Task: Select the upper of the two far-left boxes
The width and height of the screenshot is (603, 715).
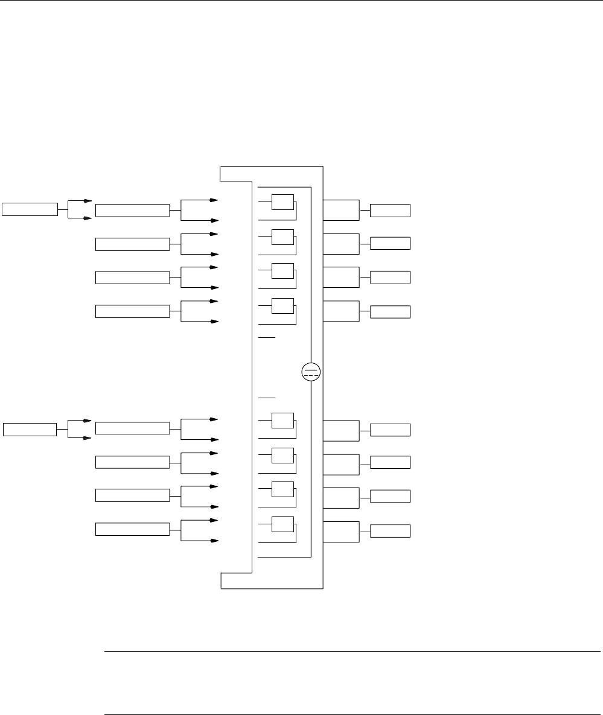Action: [x=30, y=209]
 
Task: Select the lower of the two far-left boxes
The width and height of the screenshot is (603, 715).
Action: [x=30, y=429]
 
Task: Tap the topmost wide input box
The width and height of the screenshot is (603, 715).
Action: [x=132, y=210]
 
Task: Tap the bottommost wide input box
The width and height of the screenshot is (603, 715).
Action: [x=132, y=529]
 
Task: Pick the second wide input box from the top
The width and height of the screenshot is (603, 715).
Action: [x=132, y=244]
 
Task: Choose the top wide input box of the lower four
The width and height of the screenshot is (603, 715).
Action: [x=132, y=428]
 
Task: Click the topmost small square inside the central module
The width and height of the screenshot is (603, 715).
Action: [x=282, y=202]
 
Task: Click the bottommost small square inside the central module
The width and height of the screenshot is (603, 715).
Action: [x=282, y=524]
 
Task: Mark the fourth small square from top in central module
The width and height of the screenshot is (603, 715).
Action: [x=282, y=305]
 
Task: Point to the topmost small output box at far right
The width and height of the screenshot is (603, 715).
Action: [x=390, y=210]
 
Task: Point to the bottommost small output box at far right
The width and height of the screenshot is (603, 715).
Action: [x=390, y=531]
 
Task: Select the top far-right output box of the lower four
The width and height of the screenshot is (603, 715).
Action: [x=390, y=430]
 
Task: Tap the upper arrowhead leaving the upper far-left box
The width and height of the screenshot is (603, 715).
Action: [x=88, y=200]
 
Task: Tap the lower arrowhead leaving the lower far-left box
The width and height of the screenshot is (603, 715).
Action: [x=88, y=439]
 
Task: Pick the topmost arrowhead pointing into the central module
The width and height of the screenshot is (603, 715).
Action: [x=214, y=199]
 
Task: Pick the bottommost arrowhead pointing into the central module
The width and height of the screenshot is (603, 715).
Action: [x=214, y=541]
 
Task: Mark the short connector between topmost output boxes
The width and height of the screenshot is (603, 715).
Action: [x=365, y=210]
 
